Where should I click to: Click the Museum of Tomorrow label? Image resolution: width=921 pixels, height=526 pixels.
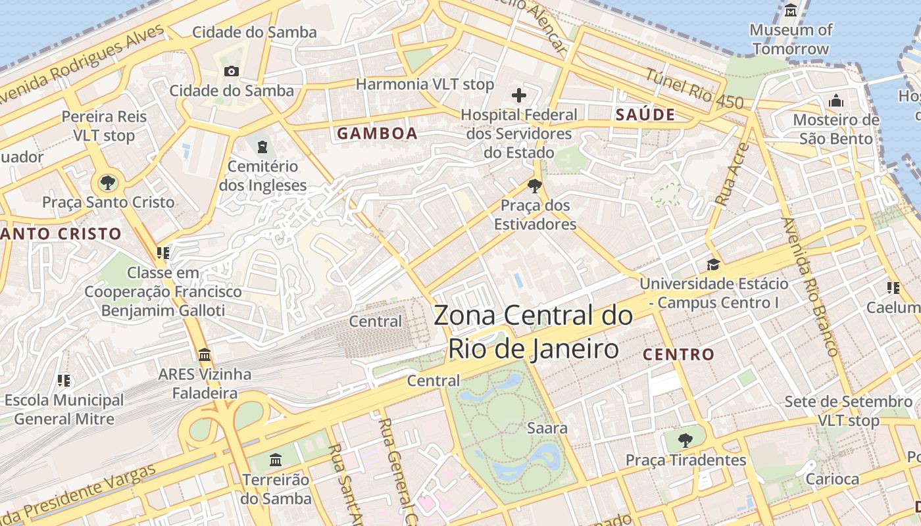tap(791, 39)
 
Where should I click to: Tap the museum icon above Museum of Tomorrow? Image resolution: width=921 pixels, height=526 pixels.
tap(791, 11)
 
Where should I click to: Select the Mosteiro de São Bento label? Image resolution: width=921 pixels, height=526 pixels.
tap(836, 129)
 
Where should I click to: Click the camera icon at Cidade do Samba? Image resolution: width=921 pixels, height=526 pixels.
tap(232, 71)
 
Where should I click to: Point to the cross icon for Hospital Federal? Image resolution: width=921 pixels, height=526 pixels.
tap(519, 95)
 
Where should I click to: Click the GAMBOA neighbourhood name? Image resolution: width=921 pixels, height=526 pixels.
tap(378, 133)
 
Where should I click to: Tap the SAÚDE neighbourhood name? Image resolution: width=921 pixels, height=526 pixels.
tap(645, 114)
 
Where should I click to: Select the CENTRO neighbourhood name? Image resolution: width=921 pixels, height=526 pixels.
tap(678, 354)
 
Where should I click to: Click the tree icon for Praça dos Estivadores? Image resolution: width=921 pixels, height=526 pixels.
tap(535, 186)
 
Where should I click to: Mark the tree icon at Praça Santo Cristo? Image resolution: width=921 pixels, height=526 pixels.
tap(107, 182)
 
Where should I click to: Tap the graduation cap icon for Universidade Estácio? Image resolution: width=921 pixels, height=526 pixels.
tap(713, 264)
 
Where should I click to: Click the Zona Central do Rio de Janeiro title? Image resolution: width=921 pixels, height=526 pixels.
tap(534, 332)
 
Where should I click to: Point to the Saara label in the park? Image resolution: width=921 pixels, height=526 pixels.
tap(547, 428)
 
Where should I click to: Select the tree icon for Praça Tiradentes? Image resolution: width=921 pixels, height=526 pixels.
tap(685, 440)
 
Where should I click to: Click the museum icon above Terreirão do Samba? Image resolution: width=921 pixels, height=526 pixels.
tap(276, 459)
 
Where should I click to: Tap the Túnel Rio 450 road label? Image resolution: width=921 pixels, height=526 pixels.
tap(694, 89)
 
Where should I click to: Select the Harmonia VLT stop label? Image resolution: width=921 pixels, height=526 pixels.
tap(424, 84)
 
